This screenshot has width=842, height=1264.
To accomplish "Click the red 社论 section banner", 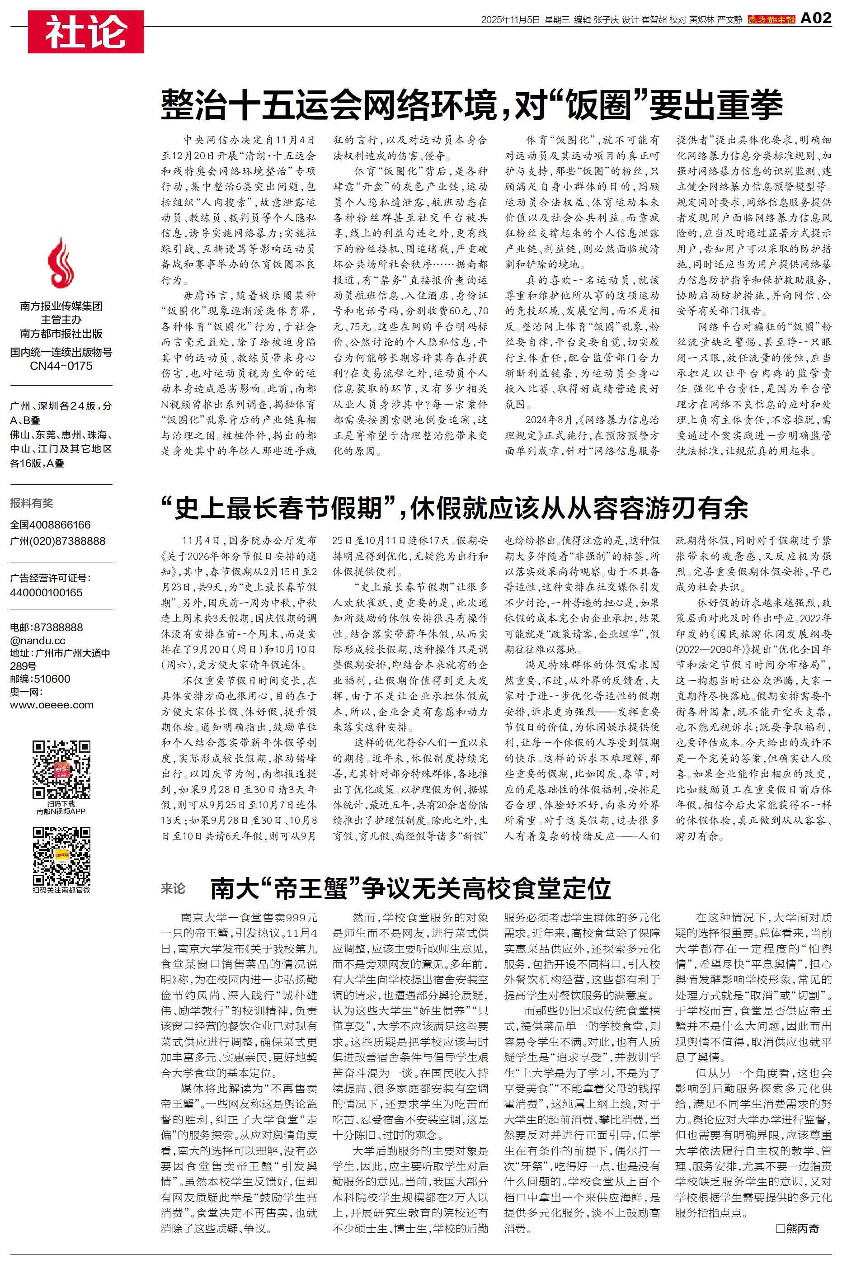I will point(86,32).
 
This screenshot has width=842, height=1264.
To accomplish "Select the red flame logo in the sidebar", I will point(61,264).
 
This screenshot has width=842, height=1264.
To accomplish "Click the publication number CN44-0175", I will point(61,366).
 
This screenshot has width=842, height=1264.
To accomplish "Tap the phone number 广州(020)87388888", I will point(58,541).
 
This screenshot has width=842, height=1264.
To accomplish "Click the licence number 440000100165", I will point(46,593).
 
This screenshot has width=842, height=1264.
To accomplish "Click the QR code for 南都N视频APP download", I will point(61,769).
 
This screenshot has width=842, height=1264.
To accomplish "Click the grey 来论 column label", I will point(173,889).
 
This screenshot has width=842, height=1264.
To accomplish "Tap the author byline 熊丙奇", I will point(798,1228).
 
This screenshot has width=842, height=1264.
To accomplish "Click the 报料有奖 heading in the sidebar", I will point(32,503).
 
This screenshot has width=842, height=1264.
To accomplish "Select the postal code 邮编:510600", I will point(40,679).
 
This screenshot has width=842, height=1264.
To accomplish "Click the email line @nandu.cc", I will point(38,640).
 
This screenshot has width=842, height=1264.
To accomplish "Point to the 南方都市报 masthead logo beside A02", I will point(771,19).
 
